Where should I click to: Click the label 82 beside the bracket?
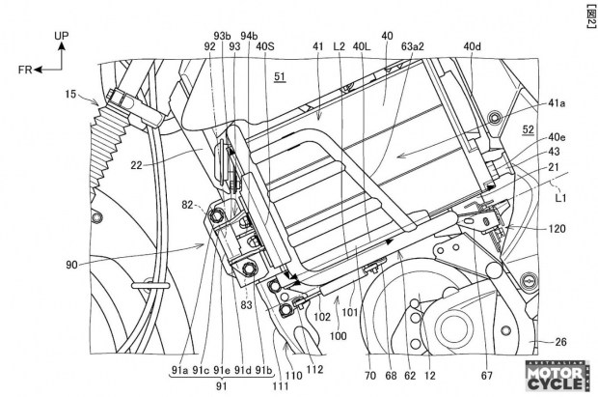click(187, 205)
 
